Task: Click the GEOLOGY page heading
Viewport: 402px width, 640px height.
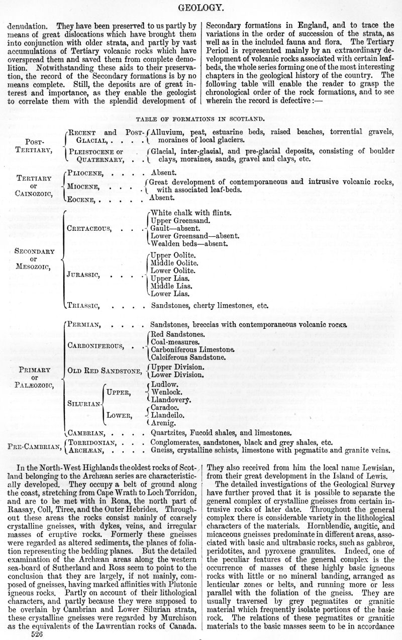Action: click(201, 7)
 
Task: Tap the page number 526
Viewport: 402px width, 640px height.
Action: click(37, 634)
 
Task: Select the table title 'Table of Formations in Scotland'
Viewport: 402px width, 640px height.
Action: click(201, 119)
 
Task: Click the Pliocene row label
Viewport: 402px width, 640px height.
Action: click(85, 172)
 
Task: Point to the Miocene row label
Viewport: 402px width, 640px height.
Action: click(83, 186)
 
